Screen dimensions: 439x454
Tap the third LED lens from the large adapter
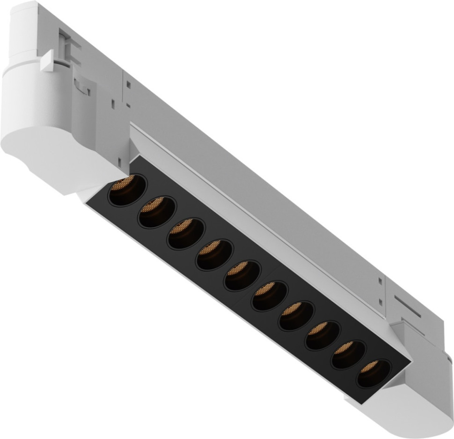(x=186, y=233)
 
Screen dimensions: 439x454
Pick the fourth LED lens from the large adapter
(x=214, y=254)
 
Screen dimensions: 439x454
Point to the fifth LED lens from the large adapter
(x=242, y=275)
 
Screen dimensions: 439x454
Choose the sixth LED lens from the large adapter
(x=269, y=295)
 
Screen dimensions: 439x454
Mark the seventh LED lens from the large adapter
(x=296, y=315)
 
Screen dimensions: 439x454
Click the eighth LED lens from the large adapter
(x=322, y=335)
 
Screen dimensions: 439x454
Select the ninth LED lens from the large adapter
(x=348, y=354)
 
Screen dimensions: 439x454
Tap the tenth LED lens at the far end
(x=373, y=373)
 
